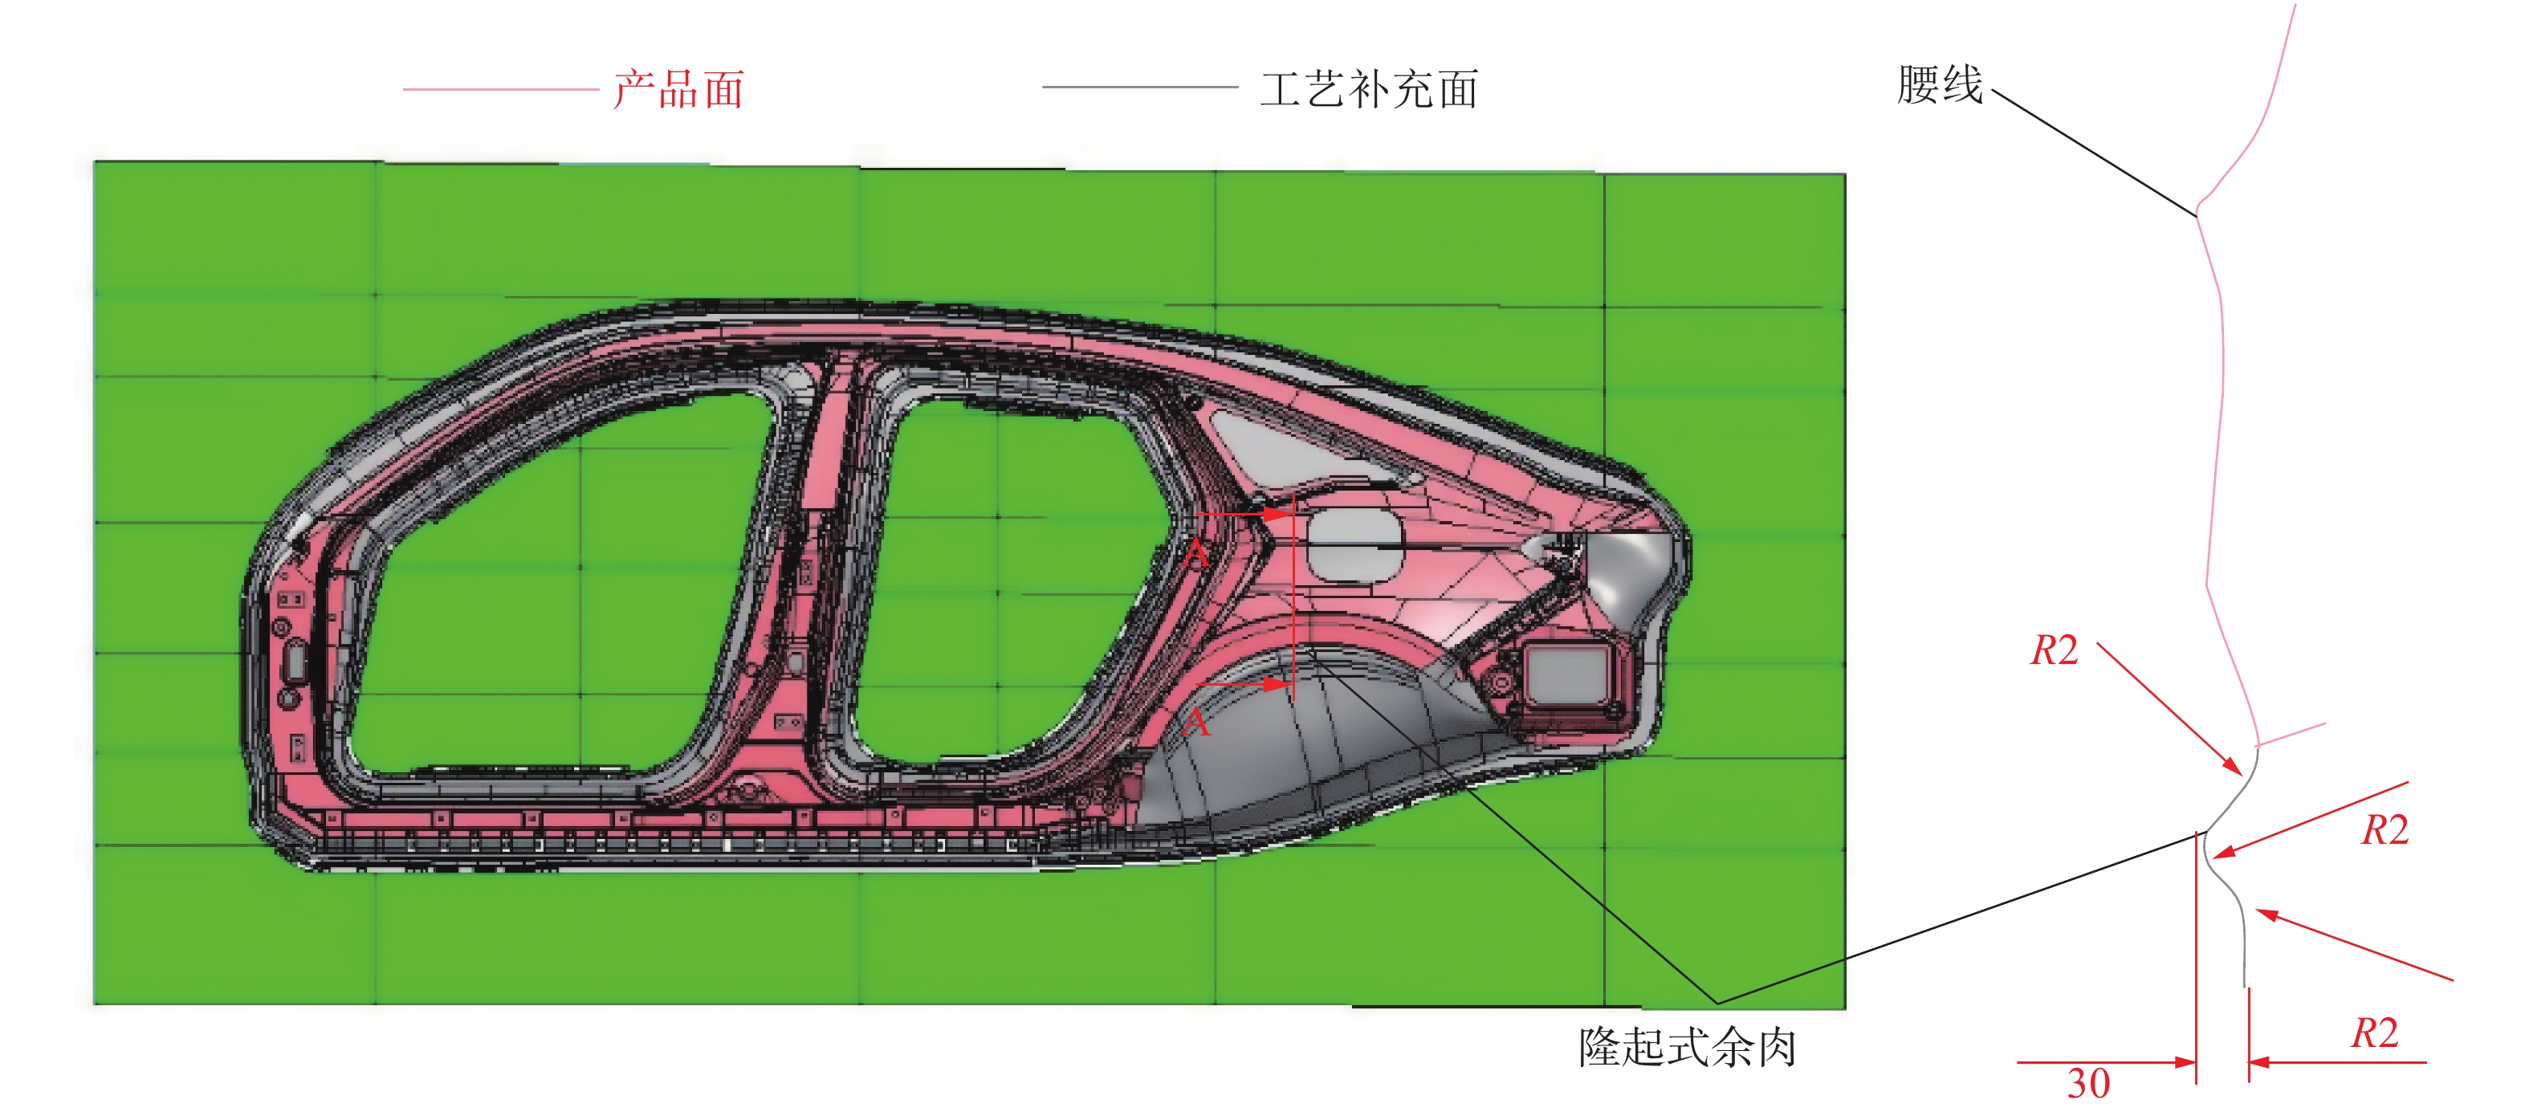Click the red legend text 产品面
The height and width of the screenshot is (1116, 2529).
[678, 89]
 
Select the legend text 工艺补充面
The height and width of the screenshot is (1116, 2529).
[1369, 89]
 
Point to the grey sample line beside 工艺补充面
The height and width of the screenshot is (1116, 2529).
[1138, 88]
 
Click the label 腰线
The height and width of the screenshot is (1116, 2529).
[1939, 84]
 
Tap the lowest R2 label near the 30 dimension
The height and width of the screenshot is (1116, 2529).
[2374, 1033]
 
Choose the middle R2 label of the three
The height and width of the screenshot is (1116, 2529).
[2384, 830]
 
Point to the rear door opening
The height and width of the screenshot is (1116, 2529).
[1001, 579]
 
